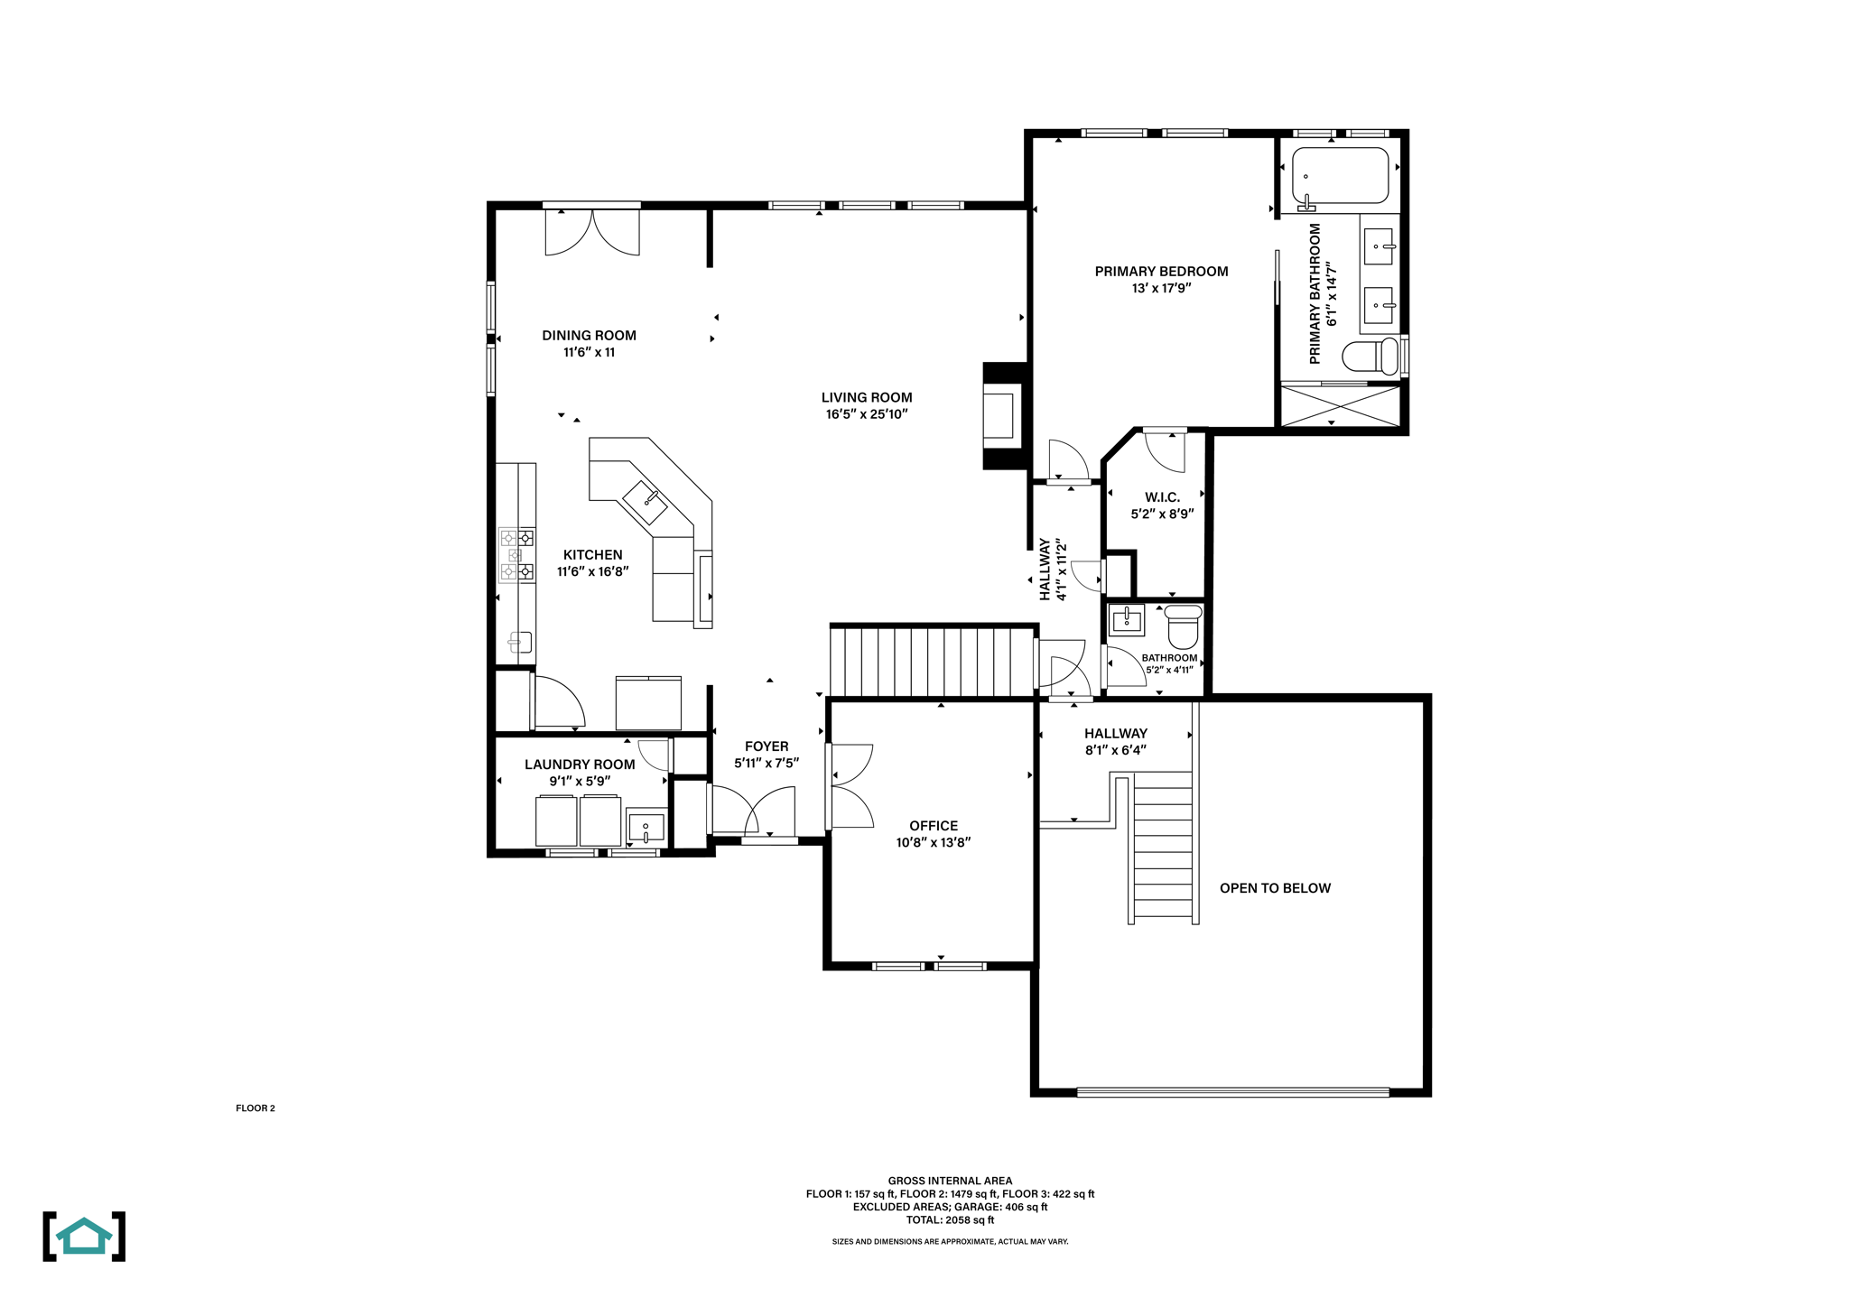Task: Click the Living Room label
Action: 867,397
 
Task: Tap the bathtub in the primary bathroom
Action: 1340,176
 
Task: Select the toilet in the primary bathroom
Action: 1370,356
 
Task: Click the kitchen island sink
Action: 645,502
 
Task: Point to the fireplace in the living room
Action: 1004,415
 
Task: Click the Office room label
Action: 934,826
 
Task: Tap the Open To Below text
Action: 1275,888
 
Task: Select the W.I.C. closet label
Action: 1162,497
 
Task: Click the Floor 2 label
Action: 256,1108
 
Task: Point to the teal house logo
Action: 84,1237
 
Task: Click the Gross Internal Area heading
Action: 950,1181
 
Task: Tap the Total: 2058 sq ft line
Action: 950,1220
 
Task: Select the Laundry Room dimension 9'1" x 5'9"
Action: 580,782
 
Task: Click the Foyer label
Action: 767,746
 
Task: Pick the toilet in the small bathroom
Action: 1184,626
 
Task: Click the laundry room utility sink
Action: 646,826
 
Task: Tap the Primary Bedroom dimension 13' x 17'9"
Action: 1161,289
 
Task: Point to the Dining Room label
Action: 589,336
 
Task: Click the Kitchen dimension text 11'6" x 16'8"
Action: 592,571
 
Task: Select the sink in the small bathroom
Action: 1127,620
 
